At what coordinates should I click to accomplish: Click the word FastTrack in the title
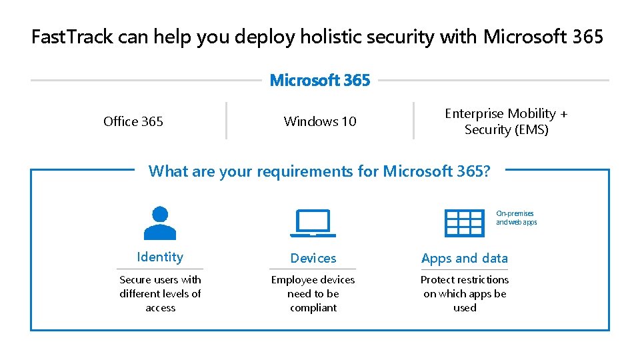click(73, 37)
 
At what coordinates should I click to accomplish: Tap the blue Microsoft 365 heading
click(320, 81)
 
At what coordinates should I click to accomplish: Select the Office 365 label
click(133, 121)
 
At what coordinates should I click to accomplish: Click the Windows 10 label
click(320, 121)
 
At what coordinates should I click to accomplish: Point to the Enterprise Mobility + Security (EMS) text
click(506, 121)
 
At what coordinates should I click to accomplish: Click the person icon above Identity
click(160, 223)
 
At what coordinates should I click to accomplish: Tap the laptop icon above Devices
click(313, 223)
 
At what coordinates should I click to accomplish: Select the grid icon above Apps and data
click(464, 223)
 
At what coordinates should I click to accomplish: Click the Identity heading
click(160, 257)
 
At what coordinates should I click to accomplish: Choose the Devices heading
click(313, 258)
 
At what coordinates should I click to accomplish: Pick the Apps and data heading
click(465, 258)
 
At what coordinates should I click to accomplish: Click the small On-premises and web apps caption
click(516, 218)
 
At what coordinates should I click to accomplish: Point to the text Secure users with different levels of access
click(160, 293)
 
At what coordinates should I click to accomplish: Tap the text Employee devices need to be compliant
click(313, 293)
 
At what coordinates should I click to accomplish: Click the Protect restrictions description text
click(465, 293)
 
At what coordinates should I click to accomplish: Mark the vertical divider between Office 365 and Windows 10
click(227, 121)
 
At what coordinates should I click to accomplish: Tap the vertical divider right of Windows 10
click(413, 121)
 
